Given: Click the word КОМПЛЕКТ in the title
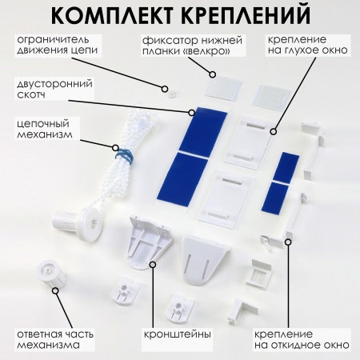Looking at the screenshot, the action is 112,14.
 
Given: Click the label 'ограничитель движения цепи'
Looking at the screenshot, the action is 58,45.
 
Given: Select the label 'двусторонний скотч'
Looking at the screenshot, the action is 54,89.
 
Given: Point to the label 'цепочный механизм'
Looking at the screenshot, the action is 45,129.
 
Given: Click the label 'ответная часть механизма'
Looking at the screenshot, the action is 55,339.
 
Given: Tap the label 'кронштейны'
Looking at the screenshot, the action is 178,334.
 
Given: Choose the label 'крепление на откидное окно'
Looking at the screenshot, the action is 302,339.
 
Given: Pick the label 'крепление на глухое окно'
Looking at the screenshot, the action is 308,45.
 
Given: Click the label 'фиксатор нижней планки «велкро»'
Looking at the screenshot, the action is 192,46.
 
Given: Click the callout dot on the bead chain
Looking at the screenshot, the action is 115,148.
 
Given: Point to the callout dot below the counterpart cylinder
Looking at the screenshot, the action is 55,290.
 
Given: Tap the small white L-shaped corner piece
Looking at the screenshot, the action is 241,311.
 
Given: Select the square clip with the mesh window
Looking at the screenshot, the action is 258,274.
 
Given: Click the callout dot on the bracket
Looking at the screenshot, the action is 153,265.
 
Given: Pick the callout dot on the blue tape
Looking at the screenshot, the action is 191,113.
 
